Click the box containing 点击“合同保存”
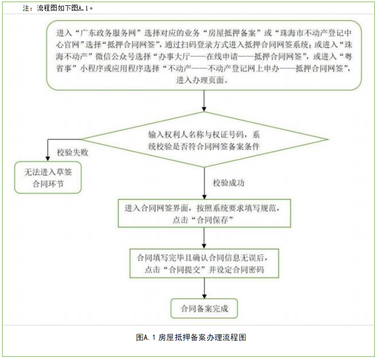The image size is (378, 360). (x=204, y=213)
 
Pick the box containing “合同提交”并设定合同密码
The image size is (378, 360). (x=204, y=264)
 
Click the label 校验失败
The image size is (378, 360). (x=72, y=153)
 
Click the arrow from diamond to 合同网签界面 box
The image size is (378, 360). (x=204, y=183)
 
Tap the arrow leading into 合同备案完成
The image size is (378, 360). (x=204, y=288)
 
